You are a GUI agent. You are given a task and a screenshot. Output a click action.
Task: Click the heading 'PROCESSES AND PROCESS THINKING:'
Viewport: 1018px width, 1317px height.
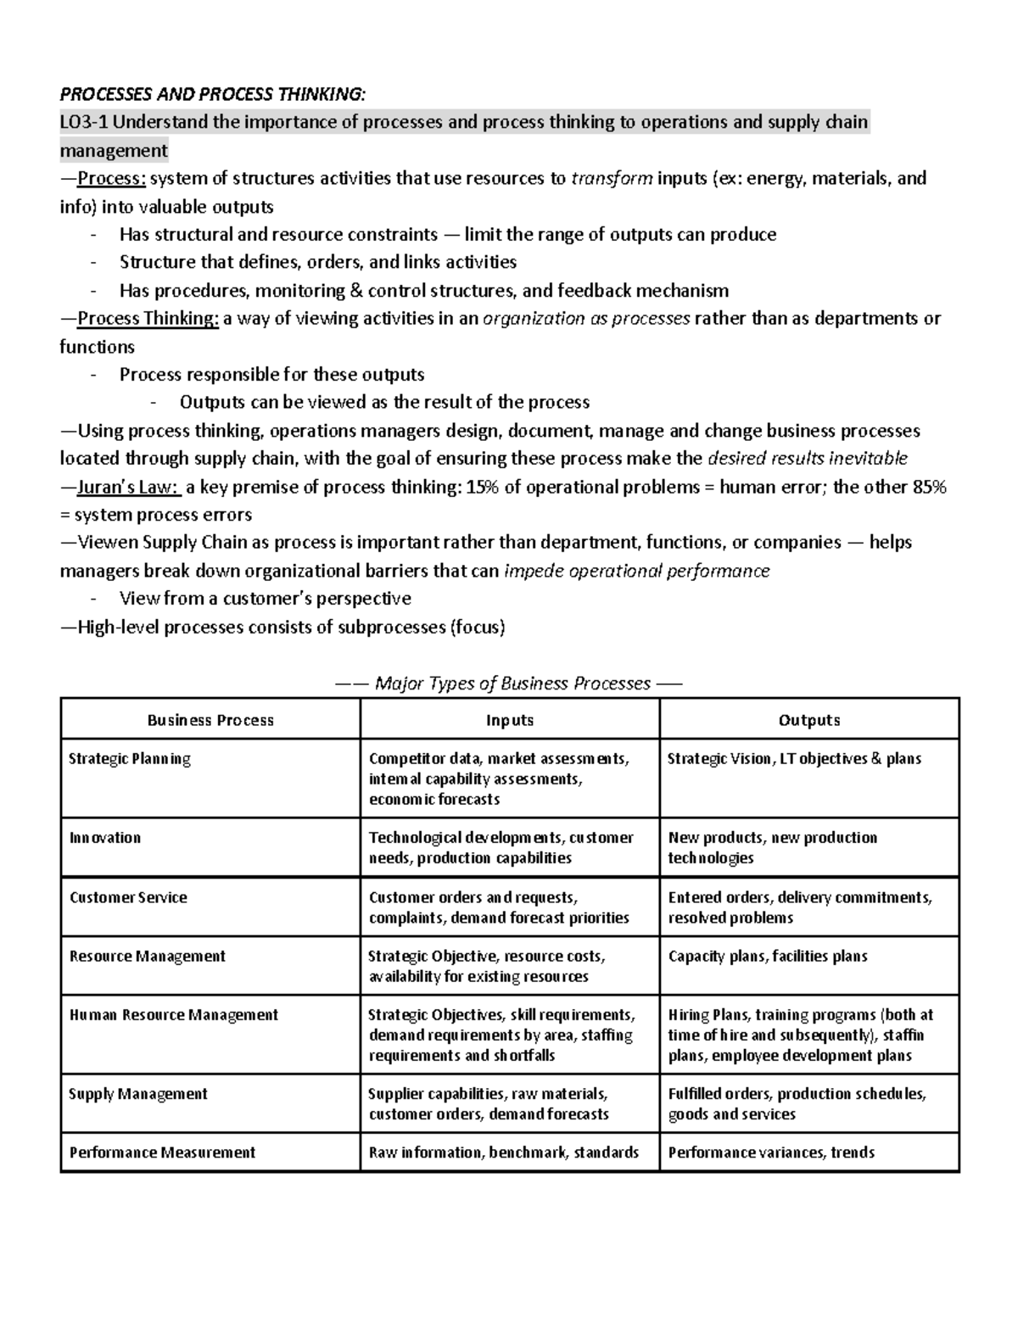213,93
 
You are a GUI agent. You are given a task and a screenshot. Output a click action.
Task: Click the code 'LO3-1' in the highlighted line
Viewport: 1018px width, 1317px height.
84,122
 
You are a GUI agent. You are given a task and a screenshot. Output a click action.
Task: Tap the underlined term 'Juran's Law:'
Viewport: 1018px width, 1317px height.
128,487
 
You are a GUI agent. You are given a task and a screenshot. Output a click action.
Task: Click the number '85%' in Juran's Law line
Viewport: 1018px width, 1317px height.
926,487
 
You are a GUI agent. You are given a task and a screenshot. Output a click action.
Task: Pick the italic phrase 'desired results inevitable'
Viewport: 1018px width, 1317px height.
808,459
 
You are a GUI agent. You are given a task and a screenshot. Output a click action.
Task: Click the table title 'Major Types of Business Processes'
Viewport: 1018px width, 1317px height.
512,684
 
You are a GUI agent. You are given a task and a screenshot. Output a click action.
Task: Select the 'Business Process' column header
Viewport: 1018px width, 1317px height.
210,720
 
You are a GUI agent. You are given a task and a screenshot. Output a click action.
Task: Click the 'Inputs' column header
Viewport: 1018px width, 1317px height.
510,720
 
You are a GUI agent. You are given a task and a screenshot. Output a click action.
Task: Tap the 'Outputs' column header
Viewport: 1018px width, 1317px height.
809,720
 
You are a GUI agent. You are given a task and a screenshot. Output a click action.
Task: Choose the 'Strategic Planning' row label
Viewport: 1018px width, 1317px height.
130,759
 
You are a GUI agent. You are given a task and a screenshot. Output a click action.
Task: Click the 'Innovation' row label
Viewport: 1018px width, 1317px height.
105,838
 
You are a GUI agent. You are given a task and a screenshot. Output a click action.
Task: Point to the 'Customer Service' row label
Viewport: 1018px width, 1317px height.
128,897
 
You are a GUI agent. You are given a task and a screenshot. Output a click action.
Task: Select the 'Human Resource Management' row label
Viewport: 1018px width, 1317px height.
174,1015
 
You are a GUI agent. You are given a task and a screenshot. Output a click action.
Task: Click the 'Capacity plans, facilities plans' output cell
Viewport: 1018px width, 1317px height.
768,957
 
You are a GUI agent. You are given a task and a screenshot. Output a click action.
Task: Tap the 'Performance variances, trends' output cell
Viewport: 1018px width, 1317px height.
771,1152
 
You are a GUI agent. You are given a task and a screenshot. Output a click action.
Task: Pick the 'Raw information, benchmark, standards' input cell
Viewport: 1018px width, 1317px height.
504,1152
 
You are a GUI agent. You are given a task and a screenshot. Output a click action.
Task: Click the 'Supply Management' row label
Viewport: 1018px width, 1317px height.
138,1094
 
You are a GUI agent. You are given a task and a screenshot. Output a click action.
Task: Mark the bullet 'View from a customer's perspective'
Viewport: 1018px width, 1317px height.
265,599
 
